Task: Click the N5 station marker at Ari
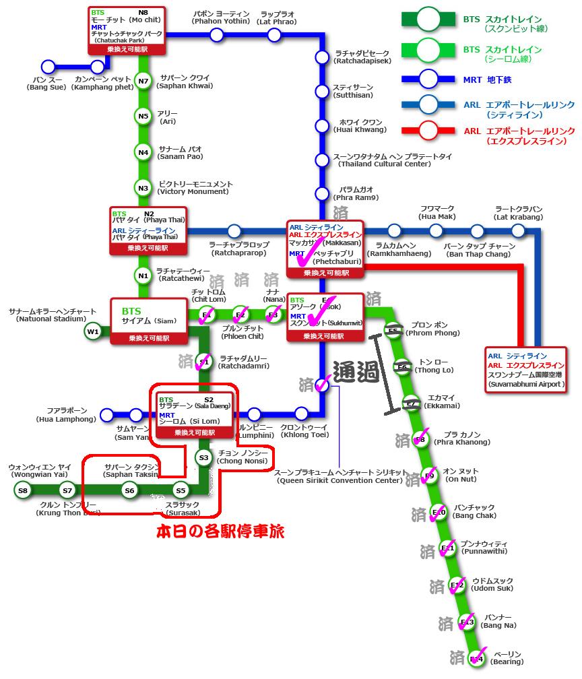point(143,117)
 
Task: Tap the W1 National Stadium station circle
point(92,331)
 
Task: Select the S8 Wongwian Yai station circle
point(23,490)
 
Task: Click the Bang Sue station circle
point(48,67)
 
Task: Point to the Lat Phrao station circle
point(273,34)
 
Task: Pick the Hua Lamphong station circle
point(106,414)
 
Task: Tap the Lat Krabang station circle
point(518,231)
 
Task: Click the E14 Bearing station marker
point(477,658)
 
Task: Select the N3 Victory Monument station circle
point(143,188)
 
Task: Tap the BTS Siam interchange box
point(148,321)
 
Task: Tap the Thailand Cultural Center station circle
point(321,160)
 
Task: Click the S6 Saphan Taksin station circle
point(130,490)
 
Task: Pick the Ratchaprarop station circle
point(234,231)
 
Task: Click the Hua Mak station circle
point(437,231)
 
